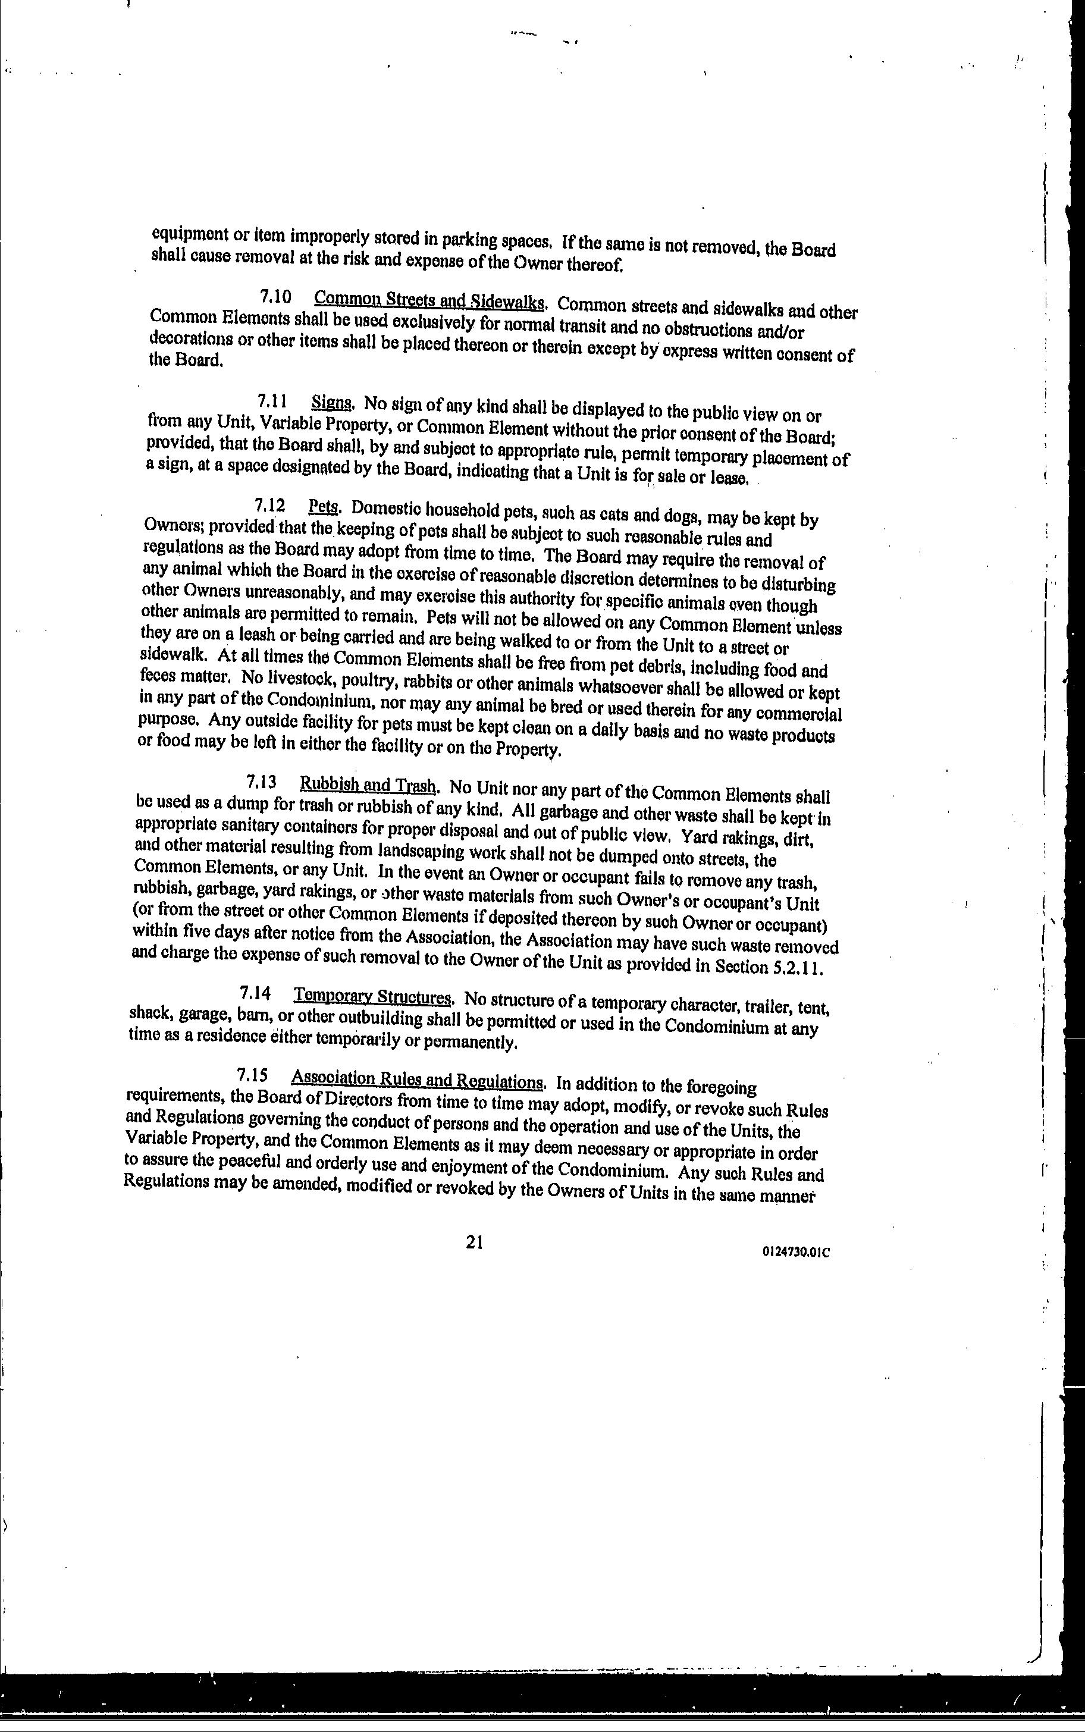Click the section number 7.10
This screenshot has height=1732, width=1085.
(x=275, y=296)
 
